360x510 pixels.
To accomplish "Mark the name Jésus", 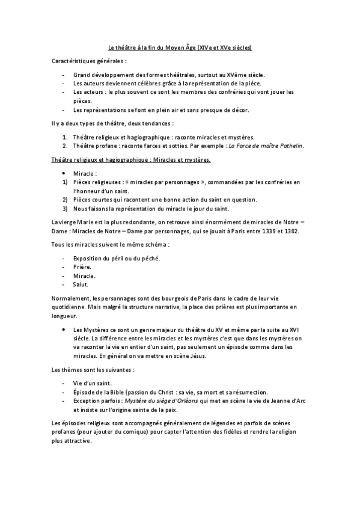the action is [x=198, y=356].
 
